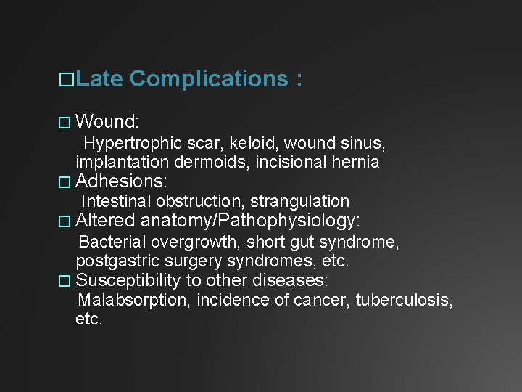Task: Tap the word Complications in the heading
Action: tap(210, 79)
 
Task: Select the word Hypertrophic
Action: tap(128, 142)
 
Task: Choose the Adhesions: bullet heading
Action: tap(121, 181)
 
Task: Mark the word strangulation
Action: tap(299, 201)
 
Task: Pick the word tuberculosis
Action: tap(404, 301)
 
